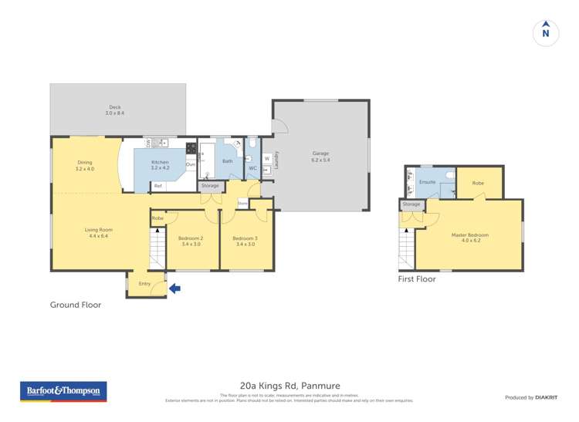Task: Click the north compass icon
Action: (x=546, y=32)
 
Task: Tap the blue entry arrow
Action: (x=174, y=289)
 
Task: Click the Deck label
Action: (x=115, y=110)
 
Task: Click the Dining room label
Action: (x=85, y=164)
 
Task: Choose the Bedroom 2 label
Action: (x=191, y=241)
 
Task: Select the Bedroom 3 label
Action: (x=245, y=241)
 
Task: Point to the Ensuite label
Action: (x=427, y=182)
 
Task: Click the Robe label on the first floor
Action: (x=478, y=183)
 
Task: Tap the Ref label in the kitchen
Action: (x=158, y=186)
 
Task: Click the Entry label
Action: (x=144, y=284)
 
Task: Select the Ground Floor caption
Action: (x=76, y=305)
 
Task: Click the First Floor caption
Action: (x=417, y=279)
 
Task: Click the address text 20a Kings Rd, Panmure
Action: (x=289, y=385)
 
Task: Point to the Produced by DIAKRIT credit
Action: (x=530, y=397)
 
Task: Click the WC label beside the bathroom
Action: (x=252, y=168)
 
